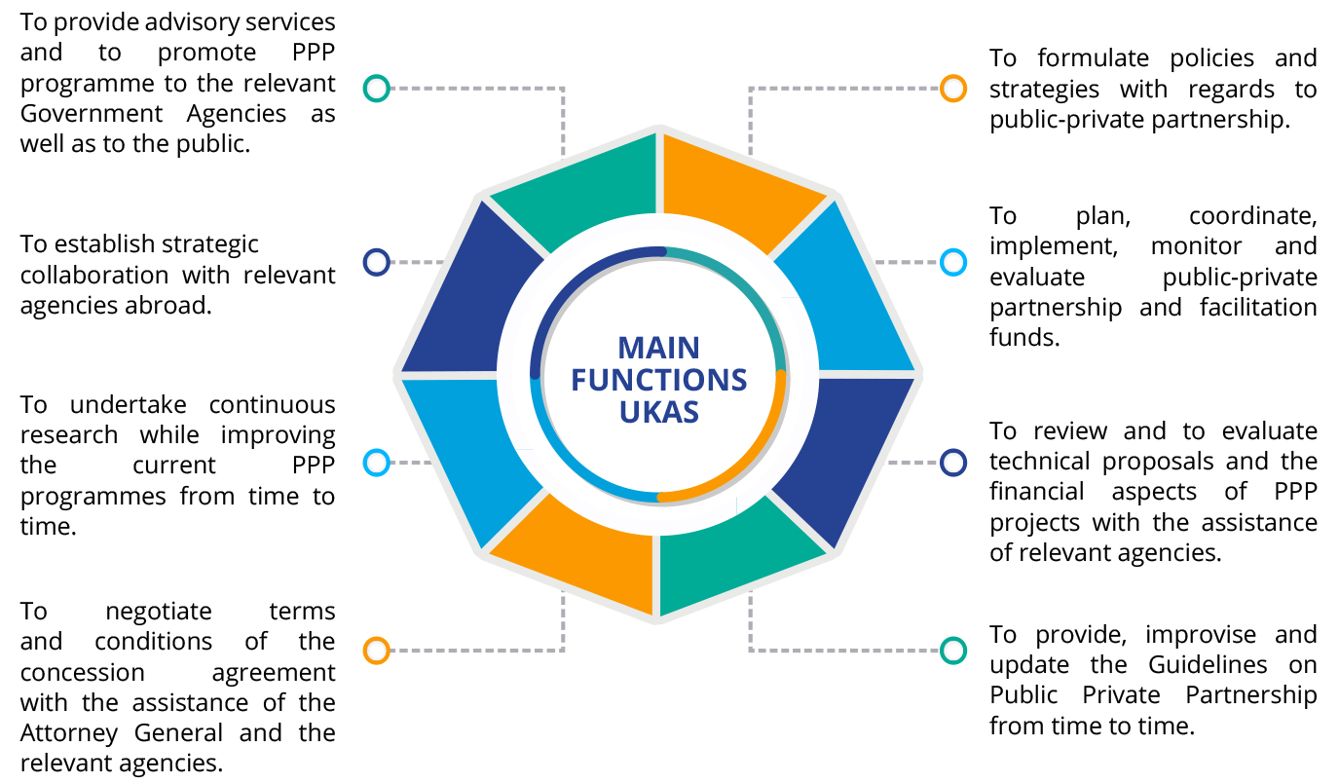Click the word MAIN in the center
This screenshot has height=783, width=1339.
pyautogui.click(x=658, y=348)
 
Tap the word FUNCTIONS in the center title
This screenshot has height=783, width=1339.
pyautogui.click(x=658, y=380)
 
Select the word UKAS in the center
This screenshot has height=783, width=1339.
pyautogui.click(x=658, y=412)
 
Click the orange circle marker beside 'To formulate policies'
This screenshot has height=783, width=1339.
pyautogui.click(x=952, y=89)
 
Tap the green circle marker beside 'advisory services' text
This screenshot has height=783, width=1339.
pyautogui.click(x=377, y=89)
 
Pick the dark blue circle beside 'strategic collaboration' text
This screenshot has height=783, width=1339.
pyautogui.click(x=377, y=262)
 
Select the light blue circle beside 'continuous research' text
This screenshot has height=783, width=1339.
pyautogui.click(x=377, y=463)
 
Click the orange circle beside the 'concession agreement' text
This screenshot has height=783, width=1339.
pyautogui.click(x=377, y=651)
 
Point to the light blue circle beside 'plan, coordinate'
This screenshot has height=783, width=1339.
pyautogui.click(x=952, y=262)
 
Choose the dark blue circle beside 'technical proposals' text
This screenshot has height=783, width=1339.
pyautogui.click(x=952, y=463)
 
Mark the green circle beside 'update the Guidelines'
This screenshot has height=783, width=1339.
pyautogui.click(x=952, y=651)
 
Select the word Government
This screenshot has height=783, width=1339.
pyautogui.click(x=92, y=114)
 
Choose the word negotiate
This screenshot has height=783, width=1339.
pyautogui.click(x=159, y=612)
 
